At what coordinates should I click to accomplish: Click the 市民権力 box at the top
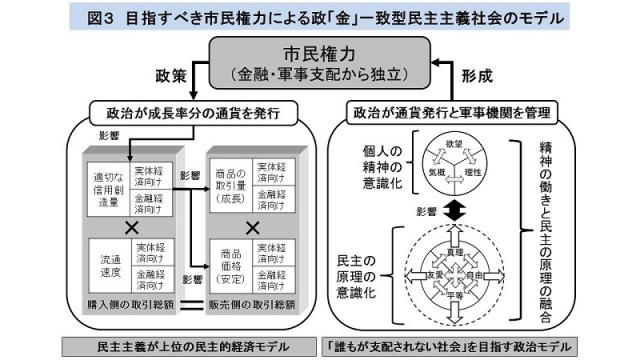coord(320,62)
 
